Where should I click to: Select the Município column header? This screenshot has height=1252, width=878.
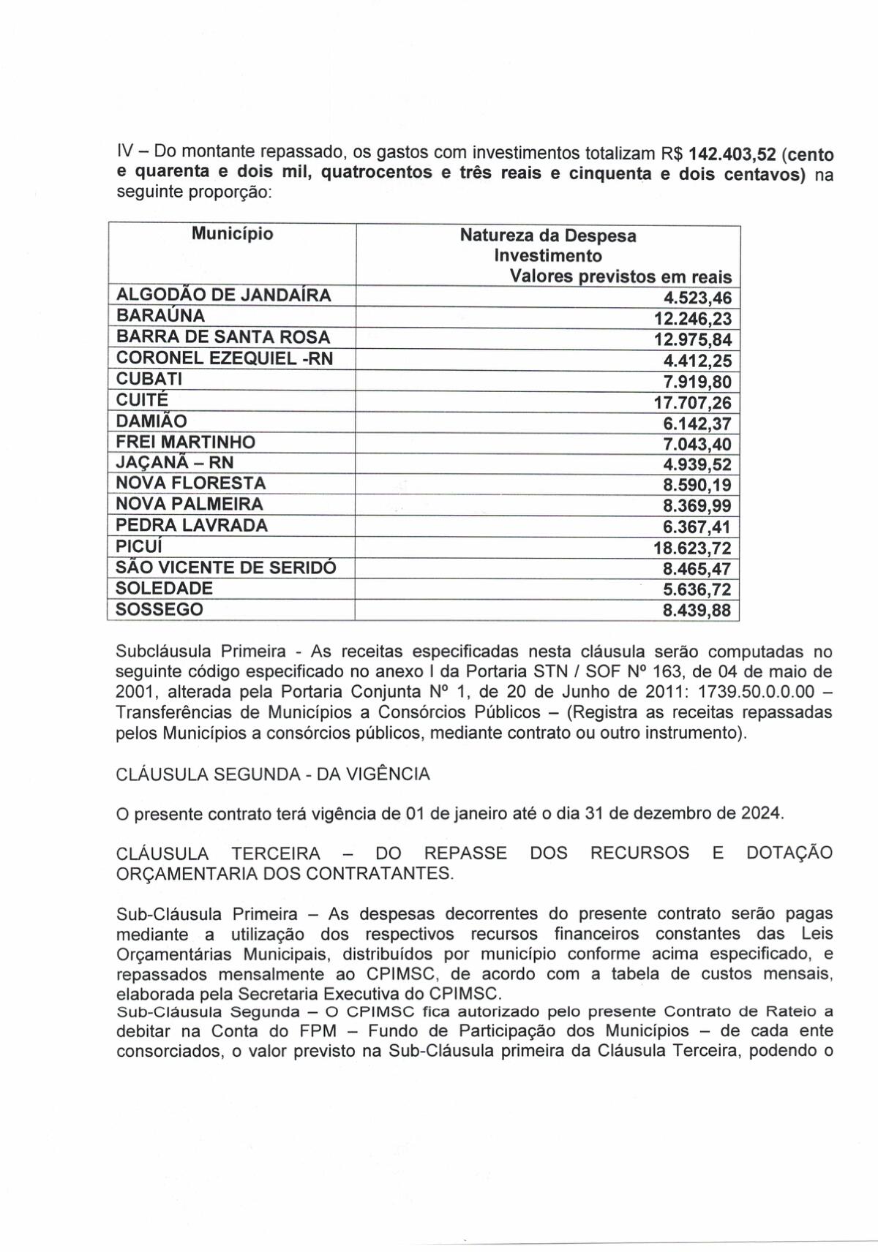pos(233,234)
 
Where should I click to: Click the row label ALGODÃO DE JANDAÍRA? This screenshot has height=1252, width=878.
pos(224,295)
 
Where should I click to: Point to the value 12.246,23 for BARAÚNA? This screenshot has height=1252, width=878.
pos(692,319)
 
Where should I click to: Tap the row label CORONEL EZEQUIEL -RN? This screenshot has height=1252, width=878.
pos(225,358)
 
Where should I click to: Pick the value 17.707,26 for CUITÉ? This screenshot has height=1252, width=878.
pos(692,403)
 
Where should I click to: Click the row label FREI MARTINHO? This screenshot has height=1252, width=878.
pos(186,442)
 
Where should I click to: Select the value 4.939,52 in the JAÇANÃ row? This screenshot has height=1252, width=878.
pos(697,465)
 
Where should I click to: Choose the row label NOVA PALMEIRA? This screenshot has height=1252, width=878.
pos(190,504)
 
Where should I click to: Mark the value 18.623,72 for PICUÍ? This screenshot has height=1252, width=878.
pos(692,548)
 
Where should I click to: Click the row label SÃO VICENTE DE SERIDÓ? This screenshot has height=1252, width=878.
pos(226,567)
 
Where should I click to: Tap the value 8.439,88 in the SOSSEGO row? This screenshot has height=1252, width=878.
pos(697,611)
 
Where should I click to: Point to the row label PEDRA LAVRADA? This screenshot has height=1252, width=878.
pos(192,525)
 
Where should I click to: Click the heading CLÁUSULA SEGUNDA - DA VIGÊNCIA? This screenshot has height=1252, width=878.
pos(273,774)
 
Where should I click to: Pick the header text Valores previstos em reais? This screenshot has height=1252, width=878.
pos(620,277)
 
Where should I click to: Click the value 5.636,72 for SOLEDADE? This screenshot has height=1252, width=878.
pos(697,590)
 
